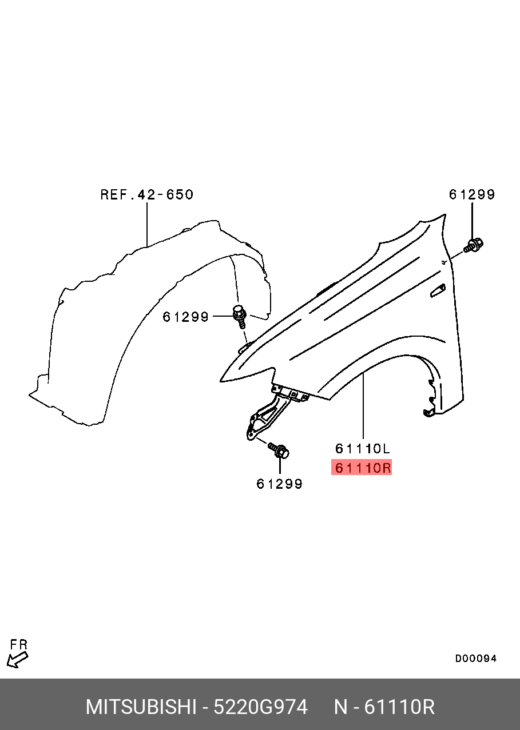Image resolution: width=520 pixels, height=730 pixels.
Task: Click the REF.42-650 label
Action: click(x=147, y=194)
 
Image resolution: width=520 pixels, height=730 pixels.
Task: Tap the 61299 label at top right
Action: click(x=472, y=194)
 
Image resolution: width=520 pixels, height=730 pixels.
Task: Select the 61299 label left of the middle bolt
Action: click(x=185, y=317)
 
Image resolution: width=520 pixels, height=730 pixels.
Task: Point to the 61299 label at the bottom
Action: click(x=280, y=484)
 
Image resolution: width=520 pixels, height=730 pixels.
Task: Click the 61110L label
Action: click(x=363, y=449)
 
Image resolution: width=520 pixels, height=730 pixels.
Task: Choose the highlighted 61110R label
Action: click(x=362, y=468)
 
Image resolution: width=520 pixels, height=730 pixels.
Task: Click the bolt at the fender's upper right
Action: click(x=474, y=245)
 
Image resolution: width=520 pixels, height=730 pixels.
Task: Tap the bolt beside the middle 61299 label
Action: click(x=240, y=316)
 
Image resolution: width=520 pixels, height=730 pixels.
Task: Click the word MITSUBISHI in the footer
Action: click(x=141, y=707)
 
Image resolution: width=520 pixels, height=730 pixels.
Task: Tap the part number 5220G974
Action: click(x=261, y=707)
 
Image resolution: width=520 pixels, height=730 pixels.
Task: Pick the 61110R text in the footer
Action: click(x=399, y=707)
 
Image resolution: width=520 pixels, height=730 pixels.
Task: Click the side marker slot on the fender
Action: click(x=438, y=291)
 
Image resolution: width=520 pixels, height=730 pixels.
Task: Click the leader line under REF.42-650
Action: click(x=147, y=225)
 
